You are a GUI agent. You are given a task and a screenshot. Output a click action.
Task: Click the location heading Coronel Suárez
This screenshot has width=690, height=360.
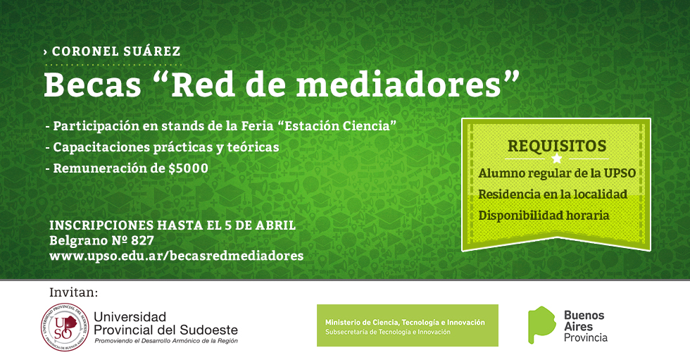click(x=116, y=51)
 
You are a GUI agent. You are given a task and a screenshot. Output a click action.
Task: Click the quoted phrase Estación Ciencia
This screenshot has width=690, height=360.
click(x=337, y=126)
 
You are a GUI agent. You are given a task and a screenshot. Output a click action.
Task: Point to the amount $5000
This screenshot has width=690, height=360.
click(x=189, y=168)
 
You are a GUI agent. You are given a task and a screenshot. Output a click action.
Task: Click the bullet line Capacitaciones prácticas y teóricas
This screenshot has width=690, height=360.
click(x=166, y=147)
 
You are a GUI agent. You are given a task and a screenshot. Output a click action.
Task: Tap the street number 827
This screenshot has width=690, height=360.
click(x=142, y=241)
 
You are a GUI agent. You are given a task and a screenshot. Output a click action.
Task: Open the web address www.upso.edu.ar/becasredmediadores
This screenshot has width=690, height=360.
click(x=177, y=256)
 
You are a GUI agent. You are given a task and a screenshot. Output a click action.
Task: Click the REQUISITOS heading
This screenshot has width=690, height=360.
click(x=557, y=146)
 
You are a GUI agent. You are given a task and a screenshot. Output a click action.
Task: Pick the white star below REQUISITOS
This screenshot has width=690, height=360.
click(x=557, y=159)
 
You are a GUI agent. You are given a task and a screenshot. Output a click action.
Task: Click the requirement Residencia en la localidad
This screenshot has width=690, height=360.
click(x=553, y=194)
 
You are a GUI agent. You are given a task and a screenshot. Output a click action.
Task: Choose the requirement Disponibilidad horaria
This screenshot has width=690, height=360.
click(x=544, y=215)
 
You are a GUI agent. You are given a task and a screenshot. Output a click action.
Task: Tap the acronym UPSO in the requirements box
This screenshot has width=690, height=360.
click(x=620, y=173)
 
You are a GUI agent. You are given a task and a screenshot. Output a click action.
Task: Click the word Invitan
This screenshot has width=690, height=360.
click(x=73, y=292)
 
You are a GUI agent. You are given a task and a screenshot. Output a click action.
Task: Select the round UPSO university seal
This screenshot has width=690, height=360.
click(x=65, y=328)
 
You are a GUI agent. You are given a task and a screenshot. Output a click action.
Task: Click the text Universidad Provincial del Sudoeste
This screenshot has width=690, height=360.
click(x=166, y=323)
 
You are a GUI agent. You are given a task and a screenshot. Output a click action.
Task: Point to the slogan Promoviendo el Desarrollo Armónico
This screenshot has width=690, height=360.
click(x=166, y=341)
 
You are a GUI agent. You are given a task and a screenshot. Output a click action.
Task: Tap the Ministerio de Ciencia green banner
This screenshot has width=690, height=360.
click(x=408, y=325)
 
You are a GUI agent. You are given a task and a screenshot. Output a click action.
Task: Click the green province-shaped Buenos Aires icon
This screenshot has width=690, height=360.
click(x=541, y=325)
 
